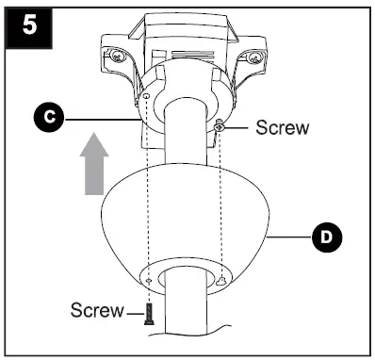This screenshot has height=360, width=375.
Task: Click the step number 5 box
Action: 29,24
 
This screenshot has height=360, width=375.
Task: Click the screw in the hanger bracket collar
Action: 219,127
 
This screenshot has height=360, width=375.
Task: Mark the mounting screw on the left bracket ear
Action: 116,57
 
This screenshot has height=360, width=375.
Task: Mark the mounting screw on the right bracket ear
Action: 252,57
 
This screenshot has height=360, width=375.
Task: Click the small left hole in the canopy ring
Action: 150,281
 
